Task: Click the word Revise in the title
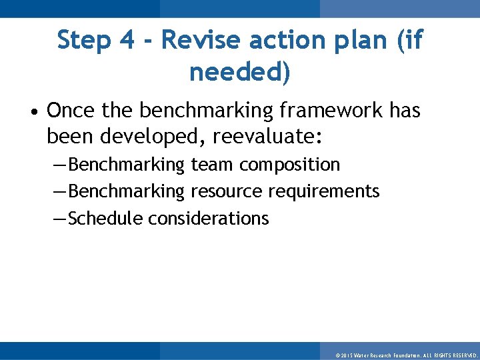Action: click(x=200, y=41)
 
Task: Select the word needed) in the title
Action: click(x=240, y=72)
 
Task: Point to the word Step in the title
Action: click(x=84, y=41)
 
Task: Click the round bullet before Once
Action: click(x=34, y=111)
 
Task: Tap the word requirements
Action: click(x=324, y=192)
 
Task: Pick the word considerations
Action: click(x=209, y=218)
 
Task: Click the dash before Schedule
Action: click(x=59, y=219)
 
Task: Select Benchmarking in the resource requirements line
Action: click(x=126, y=192)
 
